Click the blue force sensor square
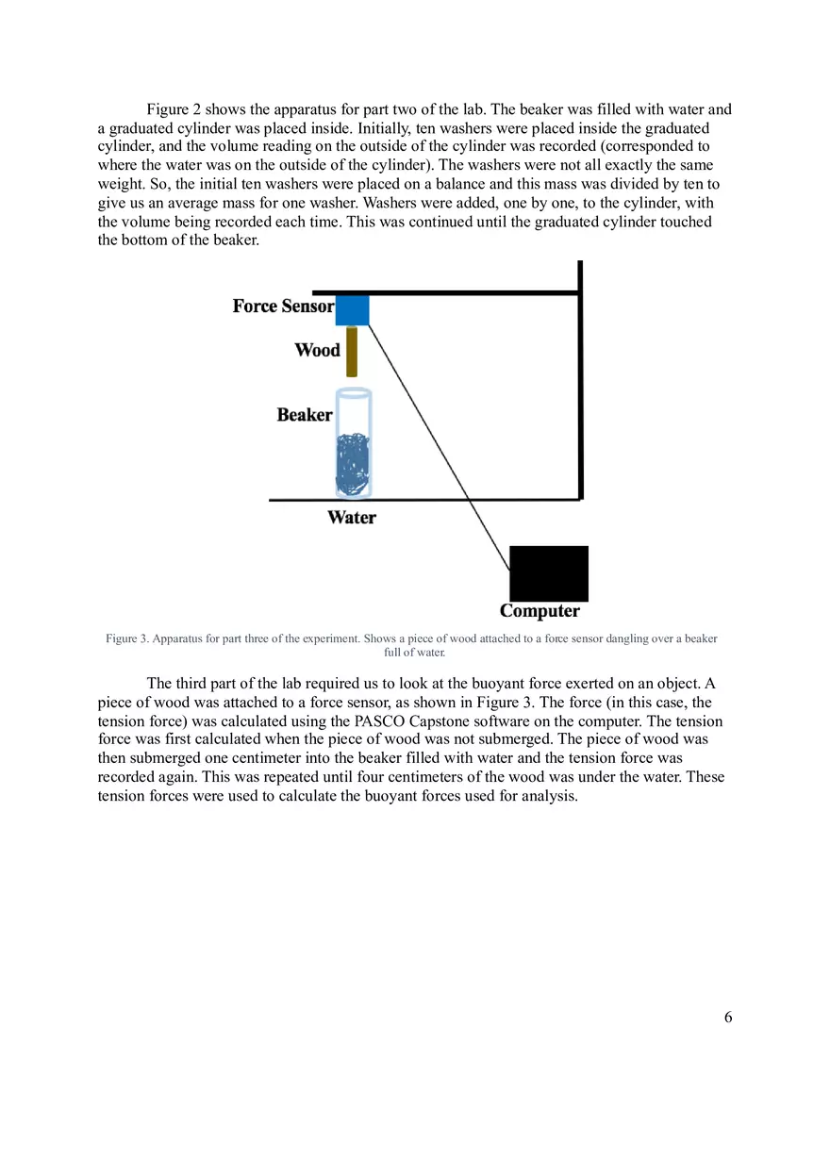click(352, 309)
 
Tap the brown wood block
click(352, 351)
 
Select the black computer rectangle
click(548, 573)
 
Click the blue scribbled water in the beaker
click(354, 463)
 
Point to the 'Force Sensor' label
click(283, 306)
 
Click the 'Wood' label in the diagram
click(317, 351)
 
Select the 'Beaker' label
click(305, 415)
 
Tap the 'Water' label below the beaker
click(352, 518)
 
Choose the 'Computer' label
click(539, 611)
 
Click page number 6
click(727, 1017)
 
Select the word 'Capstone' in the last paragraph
click(445, 721)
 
